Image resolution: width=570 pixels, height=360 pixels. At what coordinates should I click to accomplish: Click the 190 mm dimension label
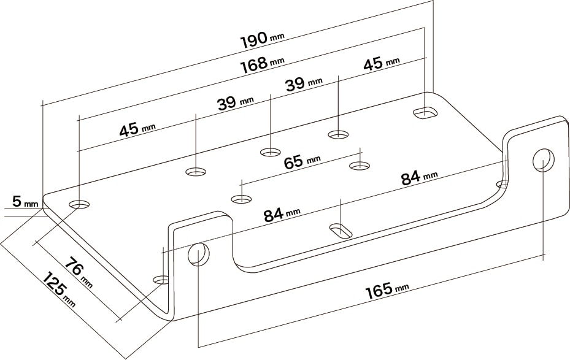click(x=262, y=39)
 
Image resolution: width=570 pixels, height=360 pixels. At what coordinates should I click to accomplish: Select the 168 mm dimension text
click(x=262, y=64)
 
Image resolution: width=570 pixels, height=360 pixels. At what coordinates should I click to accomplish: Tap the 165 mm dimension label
click(x=387, y=290)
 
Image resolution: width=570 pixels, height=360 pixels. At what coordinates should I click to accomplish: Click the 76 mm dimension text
click(x=79, y=272)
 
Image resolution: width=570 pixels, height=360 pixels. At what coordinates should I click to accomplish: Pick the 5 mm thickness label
click(x=25, y=201)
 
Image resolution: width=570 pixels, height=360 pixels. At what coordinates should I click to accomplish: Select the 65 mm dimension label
click(x=302, y=161)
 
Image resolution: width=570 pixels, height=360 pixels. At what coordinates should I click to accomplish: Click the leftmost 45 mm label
click(x=137, y=129)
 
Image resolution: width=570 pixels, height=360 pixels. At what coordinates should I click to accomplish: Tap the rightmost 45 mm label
click(x=382, y=63)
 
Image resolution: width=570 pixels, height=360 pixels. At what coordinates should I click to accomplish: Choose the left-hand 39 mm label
click(x=236, y=103)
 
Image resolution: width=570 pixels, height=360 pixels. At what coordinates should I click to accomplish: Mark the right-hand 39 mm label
click(x=304, y=84)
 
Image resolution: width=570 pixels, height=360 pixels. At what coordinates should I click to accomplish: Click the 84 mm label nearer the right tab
click(x=420, y=178)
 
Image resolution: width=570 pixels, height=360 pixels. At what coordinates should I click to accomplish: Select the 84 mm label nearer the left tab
click(x=282, y=215)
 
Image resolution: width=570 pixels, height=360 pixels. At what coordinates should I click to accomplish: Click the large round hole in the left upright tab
click(x=198, y=254)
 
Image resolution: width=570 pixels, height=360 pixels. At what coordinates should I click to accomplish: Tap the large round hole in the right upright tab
click(x=544, y=159)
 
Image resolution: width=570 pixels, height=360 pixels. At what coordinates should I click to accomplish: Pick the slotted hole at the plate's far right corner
click(x=425, y=113)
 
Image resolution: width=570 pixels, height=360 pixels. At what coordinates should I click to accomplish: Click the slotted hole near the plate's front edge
click(x=341, y=231)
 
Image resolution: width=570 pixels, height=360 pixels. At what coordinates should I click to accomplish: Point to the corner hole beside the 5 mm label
click(x=80, y=204)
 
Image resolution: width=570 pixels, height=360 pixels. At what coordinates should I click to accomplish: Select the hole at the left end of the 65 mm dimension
click(x=241, y=199)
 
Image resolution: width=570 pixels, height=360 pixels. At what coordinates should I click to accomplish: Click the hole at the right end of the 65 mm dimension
click(x=360, y=166)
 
